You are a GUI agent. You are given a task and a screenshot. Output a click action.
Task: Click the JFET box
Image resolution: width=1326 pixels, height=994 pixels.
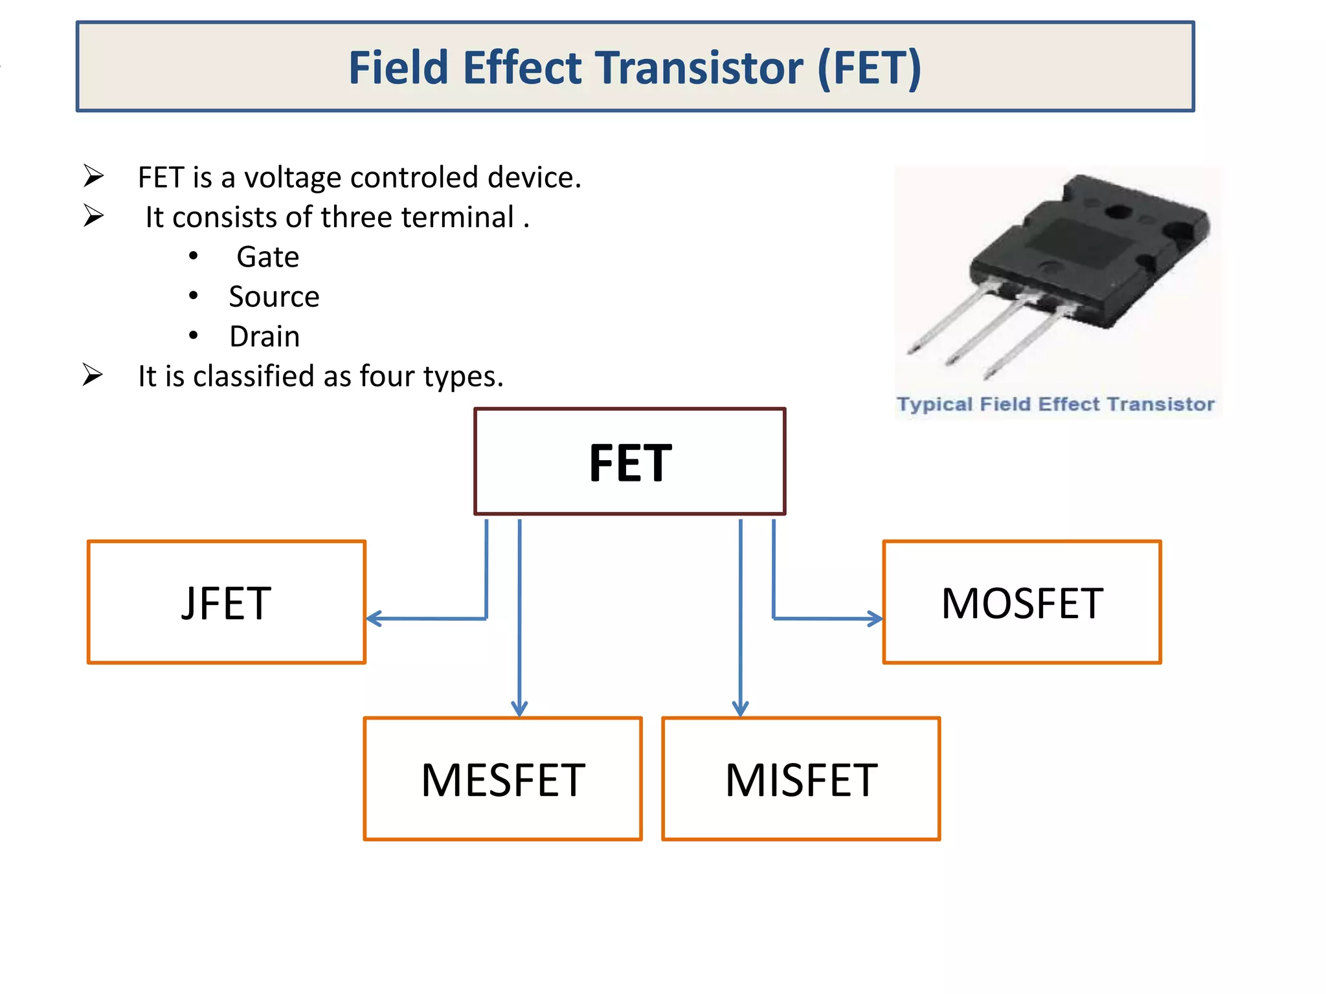[x=227, y=602]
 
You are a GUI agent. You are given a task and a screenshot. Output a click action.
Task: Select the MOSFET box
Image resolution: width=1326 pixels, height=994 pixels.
[x=1022, y=602]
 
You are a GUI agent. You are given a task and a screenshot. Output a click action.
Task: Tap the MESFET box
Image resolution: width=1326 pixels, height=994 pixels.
[x=502, y=779]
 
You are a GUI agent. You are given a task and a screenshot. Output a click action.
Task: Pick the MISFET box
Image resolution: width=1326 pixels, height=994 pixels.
[x=801, y=779]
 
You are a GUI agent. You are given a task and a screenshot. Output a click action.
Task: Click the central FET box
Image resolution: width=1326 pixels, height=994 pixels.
[x=630, y=462]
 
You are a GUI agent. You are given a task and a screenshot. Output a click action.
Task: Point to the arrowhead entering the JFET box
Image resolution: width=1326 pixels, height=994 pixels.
[x=373, y=619]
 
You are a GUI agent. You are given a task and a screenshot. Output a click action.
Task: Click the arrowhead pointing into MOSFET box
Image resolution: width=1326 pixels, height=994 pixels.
[x=876, y=619]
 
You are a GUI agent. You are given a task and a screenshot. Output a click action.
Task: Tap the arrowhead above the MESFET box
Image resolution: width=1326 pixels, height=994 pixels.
[x=519, y=709]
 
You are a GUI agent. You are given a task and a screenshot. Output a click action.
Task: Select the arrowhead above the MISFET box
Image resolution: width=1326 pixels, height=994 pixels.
[x=741, y=709]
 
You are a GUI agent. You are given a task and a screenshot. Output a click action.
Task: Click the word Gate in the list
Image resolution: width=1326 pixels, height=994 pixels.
[x=267, y=257]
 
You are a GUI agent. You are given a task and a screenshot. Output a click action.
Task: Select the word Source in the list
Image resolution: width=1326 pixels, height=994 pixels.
[x=274, y=297]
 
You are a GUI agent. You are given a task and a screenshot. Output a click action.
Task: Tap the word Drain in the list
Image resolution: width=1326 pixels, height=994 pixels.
[x=265, y=337]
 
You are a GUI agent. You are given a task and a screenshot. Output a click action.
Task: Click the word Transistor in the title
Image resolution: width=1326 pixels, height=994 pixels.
[x=699, y=68]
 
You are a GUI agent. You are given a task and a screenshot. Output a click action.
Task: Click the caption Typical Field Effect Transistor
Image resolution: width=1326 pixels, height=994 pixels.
[x=1055, y=404]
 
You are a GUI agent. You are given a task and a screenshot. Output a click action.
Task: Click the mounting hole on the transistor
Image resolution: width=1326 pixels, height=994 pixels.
[x=1118, y=212]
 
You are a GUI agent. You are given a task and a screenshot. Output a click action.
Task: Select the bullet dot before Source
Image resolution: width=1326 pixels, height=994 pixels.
[x=194, y=296]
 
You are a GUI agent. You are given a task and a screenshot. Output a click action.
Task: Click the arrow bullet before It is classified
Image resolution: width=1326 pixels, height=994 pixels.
[x=93, y=375]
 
